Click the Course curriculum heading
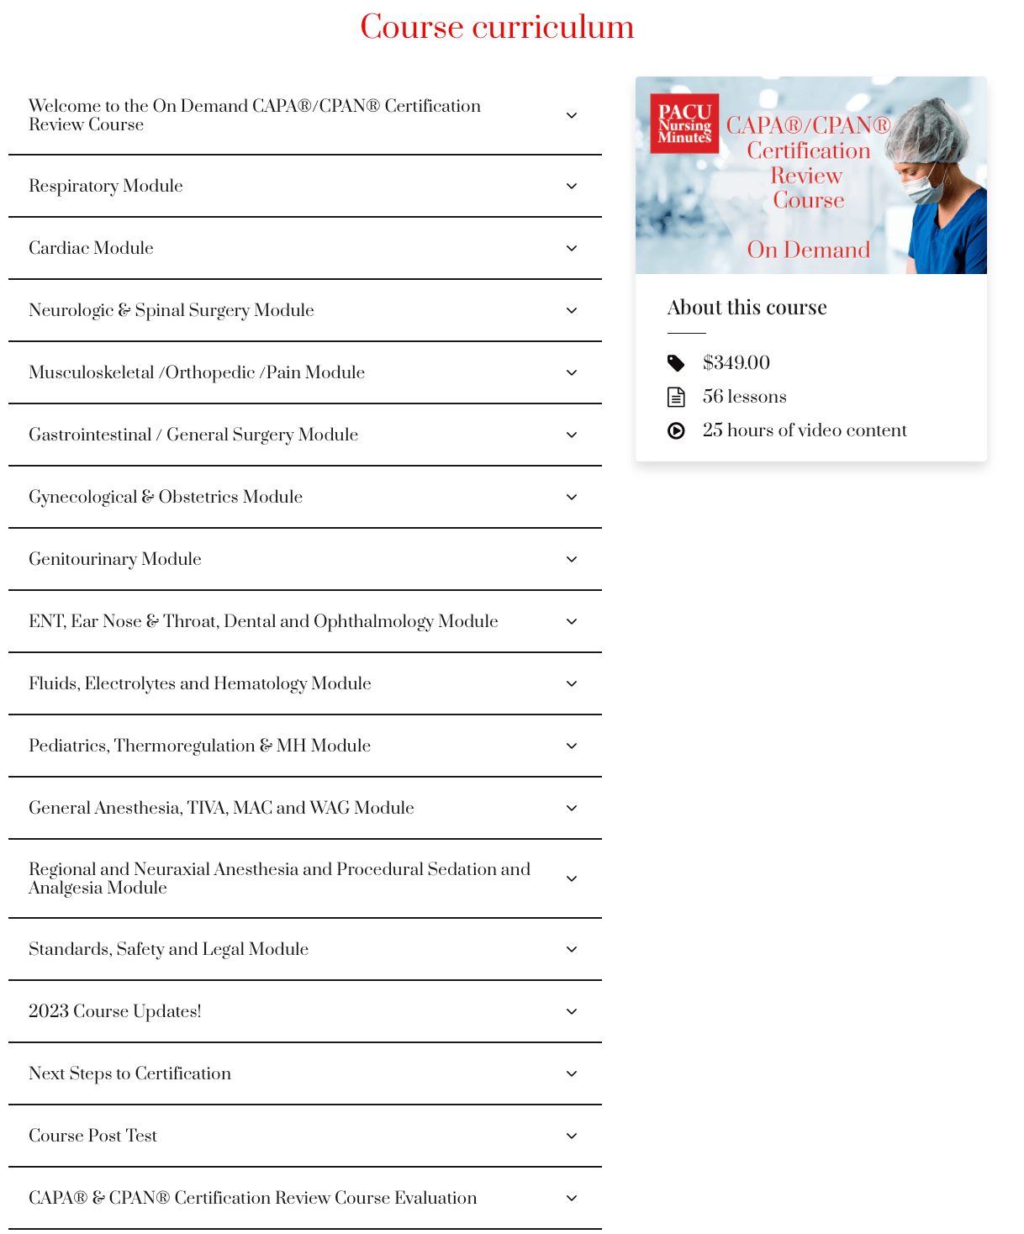coord(497,27)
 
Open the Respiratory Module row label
coord(106,186)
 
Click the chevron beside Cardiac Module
coord(572,248)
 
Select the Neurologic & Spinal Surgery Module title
coord(172,310)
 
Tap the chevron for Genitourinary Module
coord(572,559)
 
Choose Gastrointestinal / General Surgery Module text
coord(193,435)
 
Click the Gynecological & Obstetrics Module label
coord(166,497)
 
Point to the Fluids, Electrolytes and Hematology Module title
coord(200,683)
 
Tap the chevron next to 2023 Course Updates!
coord(572,1011)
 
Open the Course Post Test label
coord(93,1136)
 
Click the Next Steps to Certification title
coord(129,1073)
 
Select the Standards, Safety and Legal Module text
coord(169,949)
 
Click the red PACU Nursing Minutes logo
coord(684,124)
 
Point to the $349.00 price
coord(736,362)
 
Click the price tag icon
coord(676,363)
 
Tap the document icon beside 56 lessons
coord(676,397)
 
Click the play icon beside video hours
coord(676,430)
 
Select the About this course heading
coord(747,308)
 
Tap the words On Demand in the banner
coord(808,250)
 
